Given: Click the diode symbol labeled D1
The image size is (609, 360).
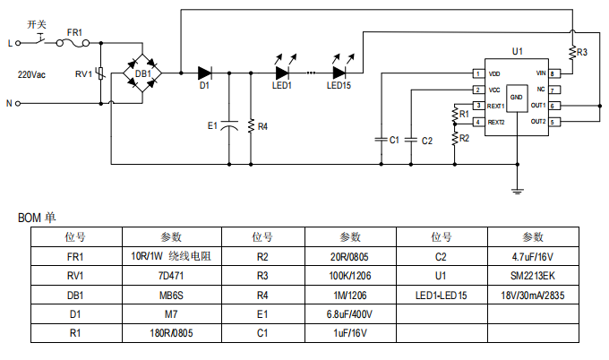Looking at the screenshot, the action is point(205,73).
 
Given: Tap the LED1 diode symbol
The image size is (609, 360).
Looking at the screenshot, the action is point(282,73).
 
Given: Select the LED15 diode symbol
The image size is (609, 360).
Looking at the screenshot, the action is point(339,73).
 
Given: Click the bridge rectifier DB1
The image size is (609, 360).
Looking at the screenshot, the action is point(142,73).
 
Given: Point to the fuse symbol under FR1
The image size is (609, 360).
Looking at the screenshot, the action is point(73,44).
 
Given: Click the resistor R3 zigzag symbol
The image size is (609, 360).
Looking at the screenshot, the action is point(572,53).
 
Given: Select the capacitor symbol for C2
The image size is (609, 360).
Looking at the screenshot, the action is point(411,140).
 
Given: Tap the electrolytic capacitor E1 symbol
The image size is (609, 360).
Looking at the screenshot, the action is point(229,125).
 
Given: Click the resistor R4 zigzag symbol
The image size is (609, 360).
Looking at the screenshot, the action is point(251,126).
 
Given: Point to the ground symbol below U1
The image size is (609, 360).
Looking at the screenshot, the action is point(518,191).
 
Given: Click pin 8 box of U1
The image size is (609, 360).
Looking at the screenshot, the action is point(554,73).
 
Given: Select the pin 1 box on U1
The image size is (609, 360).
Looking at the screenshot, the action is point(478,73).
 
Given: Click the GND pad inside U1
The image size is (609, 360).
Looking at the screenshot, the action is point(517,99).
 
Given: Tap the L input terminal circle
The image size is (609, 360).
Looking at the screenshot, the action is point(18,43).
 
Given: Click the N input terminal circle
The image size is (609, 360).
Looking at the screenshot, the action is point(18,103).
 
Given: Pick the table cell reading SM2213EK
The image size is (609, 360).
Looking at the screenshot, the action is point(533,276).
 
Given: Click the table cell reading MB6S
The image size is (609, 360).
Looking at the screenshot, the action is point(171,296).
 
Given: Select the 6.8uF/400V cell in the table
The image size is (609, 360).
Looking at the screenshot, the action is point(350,313).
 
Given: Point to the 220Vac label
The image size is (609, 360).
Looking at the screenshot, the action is point(31,74).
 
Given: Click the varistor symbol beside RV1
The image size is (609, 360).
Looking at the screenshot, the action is point(100,73).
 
